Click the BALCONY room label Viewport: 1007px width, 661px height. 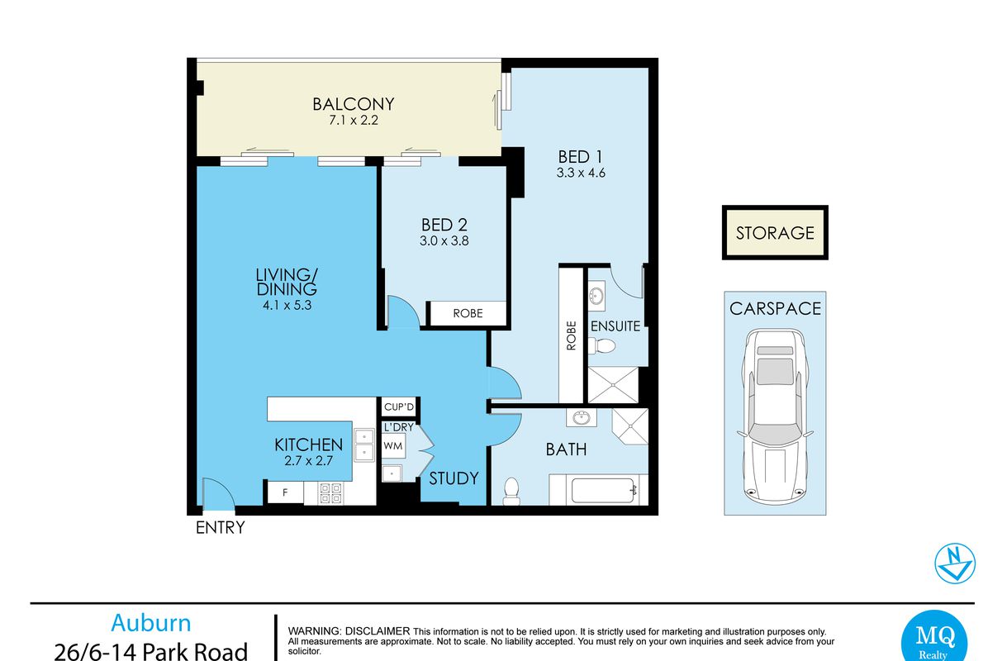354,104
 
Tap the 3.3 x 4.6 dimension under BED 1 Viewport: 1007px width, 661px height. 581,174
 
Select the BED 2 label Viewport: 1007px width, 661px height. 444,225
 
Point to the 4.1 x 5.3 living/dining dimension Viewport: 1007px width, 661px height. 287,306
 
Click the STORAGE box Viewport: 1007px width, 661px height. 775,232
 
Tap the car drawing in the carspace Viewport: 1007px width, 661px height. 775,416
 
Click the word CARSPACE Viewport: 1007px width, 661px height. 775,308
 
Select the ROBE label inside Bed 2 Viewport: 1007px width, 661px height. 468,313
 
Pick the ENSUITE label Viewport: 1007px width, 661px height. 615,326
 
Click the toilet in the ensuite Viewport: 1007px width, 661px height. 602,346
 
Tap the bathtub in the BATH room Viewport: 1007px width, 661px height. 602,491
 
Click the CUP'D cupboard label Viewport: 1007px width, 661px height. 399,407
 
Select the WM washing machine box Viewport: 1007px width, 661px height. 393,446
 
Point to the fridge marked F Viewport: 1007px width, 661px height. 285,492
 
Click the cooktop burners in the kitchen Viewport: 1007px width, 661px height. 330,493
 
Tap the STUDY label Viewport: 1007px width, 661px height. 454,478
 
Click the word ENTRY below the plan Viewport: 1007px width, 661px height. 221,527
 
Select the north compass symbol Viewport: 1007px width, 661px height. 955,564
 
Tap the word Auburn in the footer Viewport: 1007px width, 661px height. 151,623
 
